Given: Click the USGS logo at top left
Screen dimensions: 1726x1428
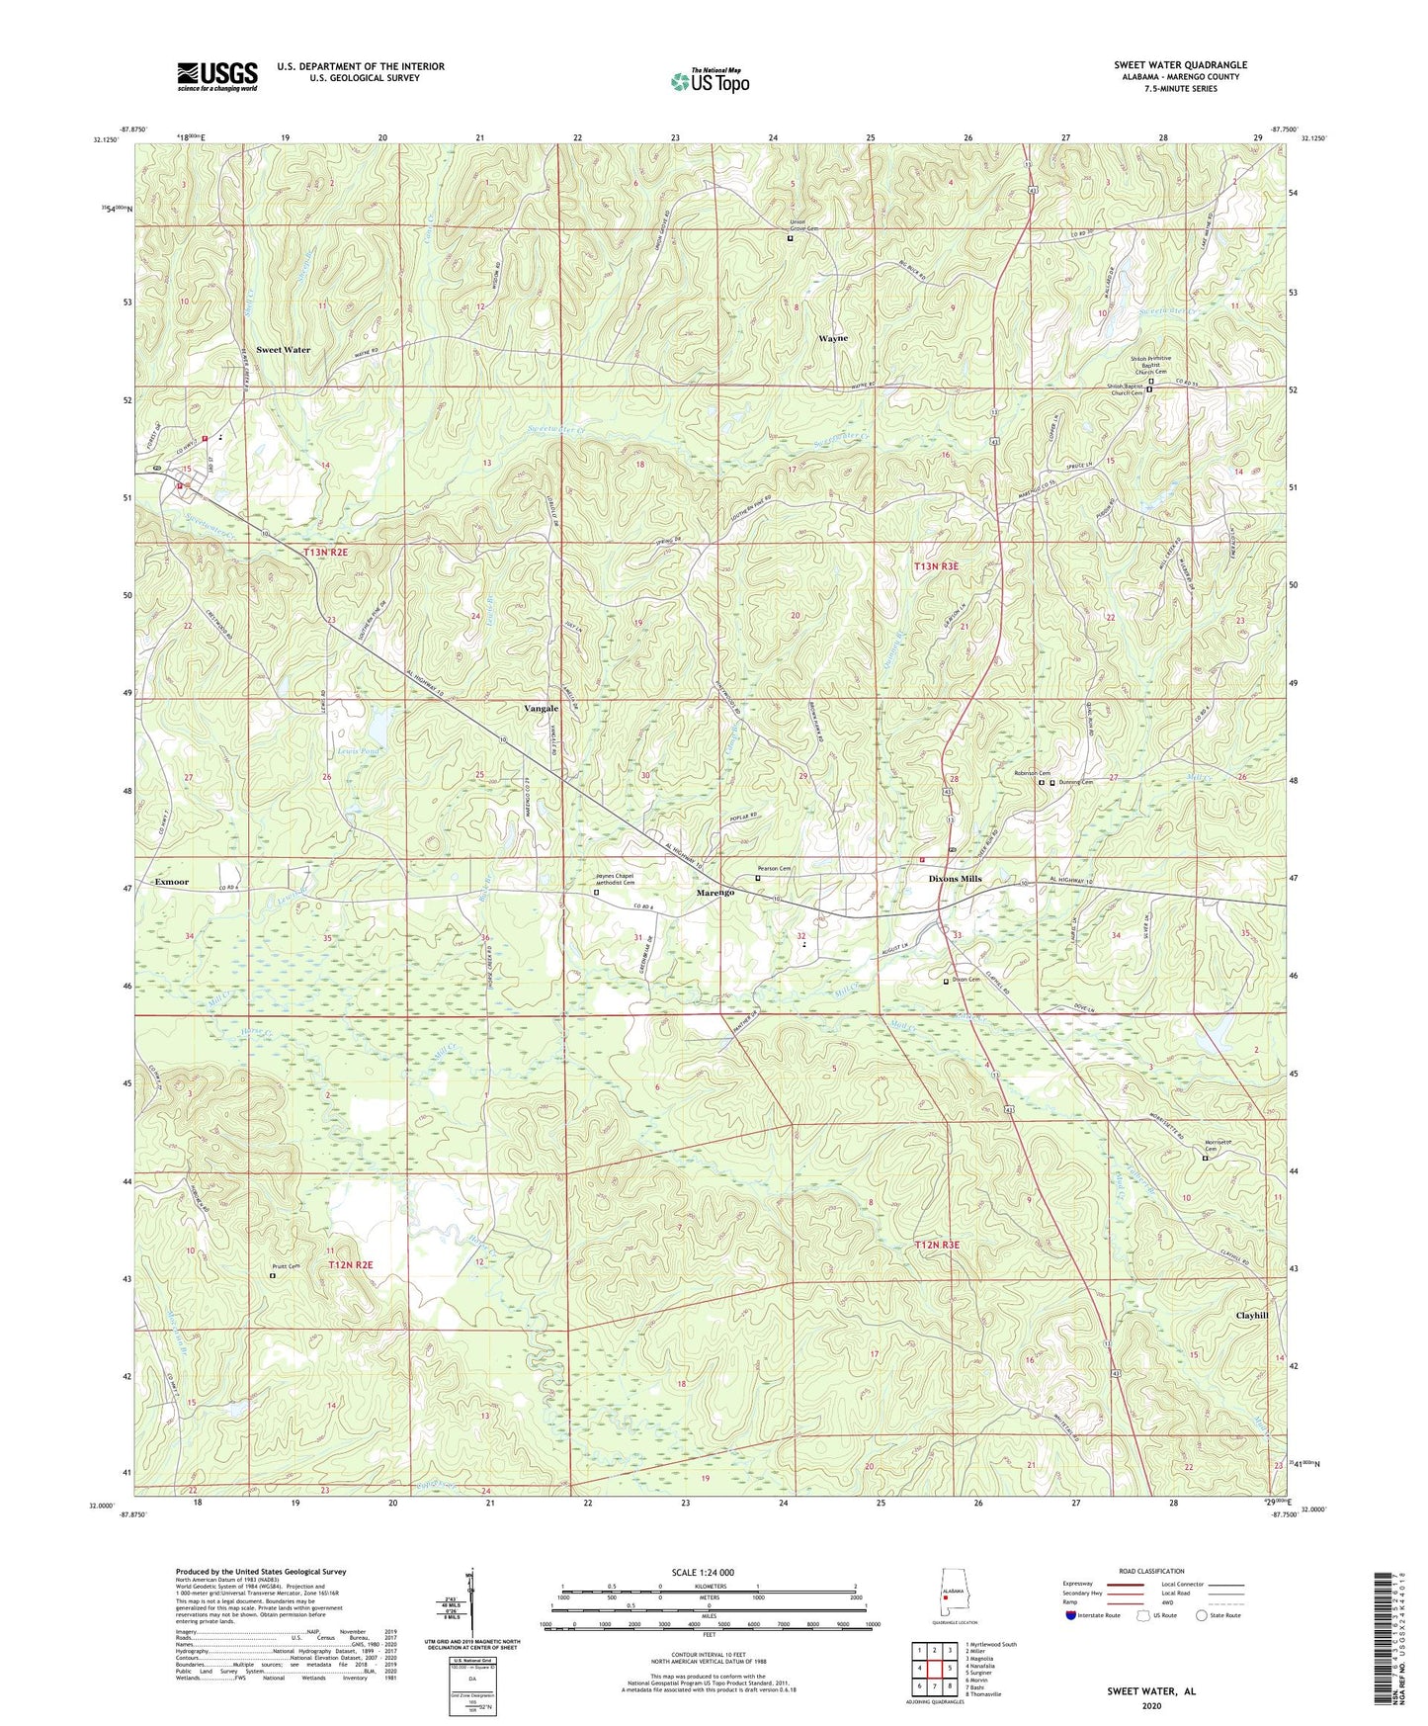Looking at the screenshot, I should [x=217, y=76].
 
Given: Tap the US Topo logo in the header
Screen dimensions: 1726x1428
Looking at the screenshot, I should [x=710, y=80].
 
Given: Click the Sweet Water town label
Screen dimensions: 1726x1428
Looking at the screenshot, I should [x=283, y=350].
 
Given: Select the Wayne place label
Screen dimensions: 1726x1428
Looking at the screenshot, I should [x=832, y=338].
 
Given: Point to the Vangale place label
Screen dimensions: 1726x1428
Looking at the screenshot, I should [x=541, y=709].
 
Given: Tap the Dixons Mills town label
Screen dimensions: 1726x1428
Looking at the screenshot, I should [x=955, y=879].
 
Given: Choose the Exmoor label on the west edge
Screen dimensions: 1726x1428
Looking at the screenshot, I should [x=171, y=881].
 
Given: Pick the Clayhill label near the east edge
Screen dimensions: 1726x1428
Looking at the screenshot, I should [x=1252, y=1316].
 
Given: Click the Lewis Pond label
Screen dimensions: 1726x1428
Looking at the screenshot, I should [x=358, y=751].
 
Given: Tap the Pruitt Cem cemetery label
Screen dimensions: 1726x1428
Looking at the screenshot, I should [x=286, y=1267].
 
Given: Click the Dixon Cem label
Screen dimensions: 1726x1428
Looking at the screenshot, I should [x=966, y=980].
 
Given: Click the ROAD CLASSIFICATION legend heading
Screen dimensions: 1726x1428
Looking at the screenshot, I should [x=1151, y=1571].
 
